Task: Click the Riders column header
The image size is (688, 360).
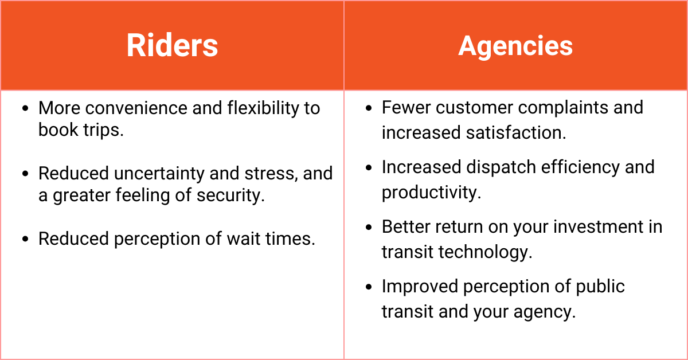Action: tap(172, 46)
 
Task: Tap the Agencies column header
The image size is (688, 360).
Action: tap(515, 46)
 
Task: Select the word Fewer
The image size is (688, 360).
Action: tap(405, 107)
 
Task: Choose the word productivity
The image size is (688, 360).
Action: tap(431, 192)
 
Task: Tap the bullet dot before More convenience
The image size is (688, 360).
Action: tap(24, 108)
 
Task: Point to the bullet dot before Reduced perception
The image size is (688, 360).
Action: tap(24, 239)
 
